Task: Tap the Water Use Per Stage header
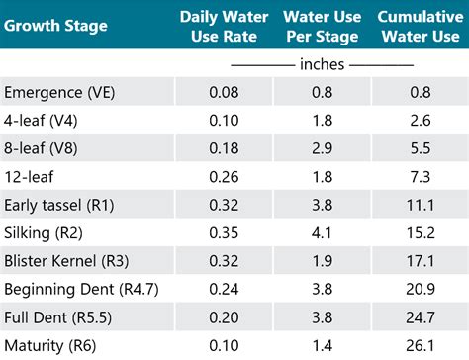point(322,26)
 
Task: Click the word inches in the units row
point(322,64)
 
